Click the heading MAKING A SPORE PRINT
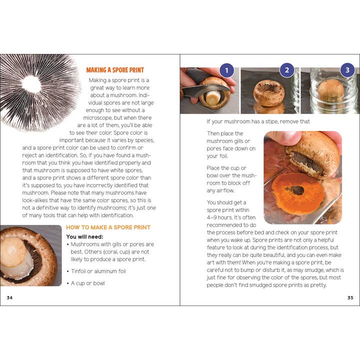click(114, 70)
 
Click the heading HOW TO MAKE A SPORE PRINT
click(108, 227)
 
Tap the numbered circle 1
click(226, 70)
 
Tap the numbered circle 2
click(286, 70)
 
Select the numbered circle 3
click(347, 70)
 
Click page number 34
click(9, 297)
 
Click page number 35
click(350, 297)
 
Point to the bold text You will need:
click(83, 236)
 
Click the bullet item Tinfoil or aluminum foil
click(98, 271)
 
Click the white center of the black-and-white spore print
click(31, 84)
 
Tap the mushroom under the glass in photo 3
click(331, 91)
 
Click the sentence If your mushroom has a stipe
click(258, 121)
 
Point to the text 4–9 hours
click(222, 217)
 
